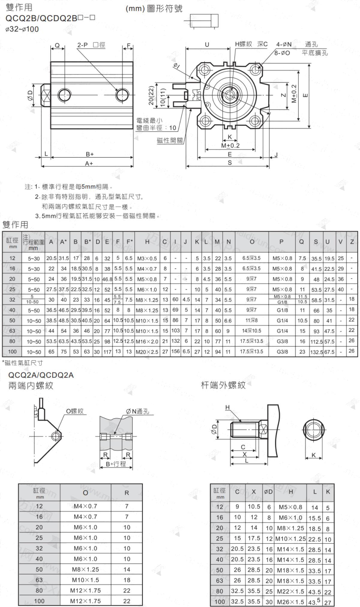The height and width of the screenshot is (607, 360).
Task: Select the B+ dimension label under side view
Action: click(x=90, y=154)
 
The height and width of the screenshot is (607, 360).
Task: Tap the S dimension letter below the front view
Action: click(x=230, y=163)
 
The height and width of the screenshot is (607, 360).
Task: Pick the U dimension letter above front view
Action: click(x=207, y=45)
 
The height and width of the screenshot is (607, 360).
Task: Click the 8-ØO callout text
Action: click(x=282, y=53)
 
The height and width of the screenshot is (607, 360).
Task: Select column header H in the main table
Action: click(x=147, y=242)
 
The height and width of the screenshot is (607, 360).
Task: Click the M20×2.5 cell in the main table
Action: click(x=147, y=352)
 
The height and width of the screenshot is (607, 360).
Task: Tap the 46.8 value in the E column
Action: click(x=107, y=279)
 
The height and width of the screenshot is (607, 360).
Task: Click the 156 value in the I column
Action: click(x=175, y=351)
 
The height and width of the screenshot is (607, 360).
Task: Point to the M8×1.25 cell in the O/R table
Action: click(x=85, y=569)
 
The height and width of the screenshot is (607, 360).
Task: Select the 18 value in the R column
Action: click(x=127, y=580)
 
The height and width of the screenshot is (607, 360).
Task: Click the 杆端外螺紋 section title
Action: click(x=223, y=385)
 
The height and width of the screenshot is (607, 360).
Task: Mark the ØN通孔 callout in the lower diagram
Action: click(x=137, y=411)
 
